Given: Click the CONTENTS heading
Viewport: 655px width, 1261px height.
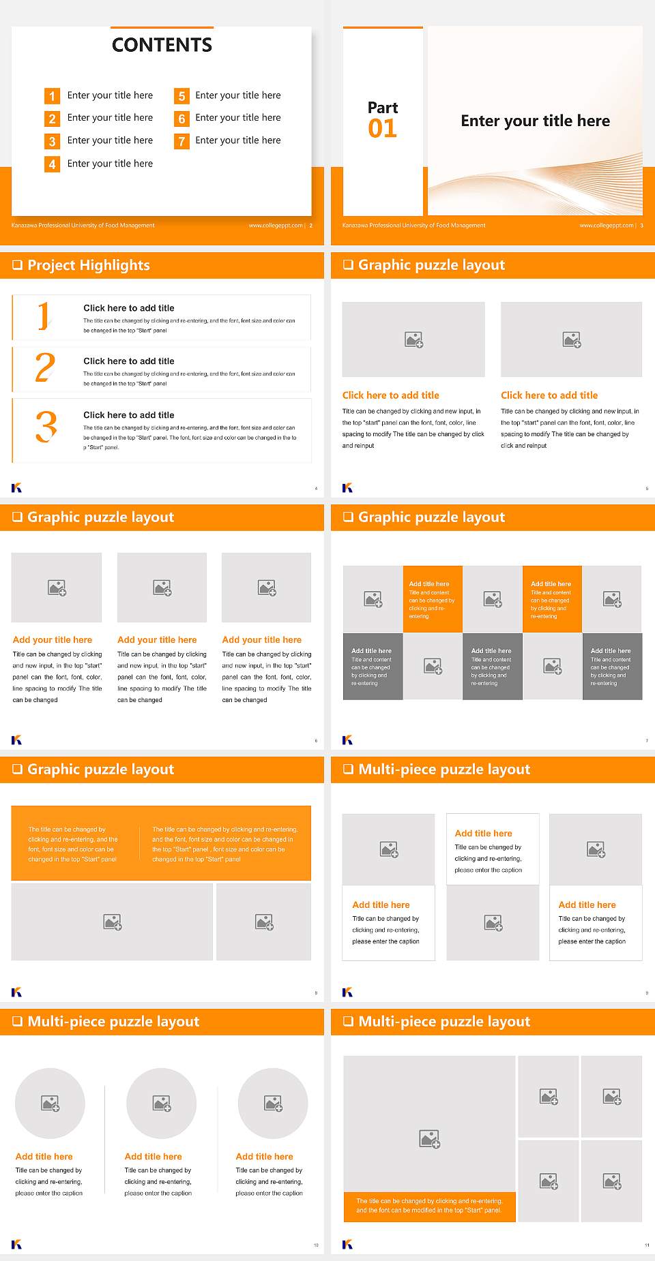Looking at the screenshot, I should pyautogui.click(x=162, y=45).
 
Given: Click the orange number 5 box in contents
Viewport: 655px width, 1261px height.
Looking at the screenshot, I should pyautogui.click(x=181, y=96).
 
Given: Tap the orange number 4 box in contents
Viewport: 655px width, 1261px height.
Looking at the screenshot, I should pyautogui.click(x=52, y=164).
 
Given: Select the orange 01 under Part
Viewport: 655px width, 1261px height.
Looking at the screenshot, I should pyautogui.click(x=382, y=129).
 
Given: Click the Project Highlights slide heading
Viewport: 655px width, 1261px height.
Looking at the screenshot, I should pyautogui.click(x=88, y=265).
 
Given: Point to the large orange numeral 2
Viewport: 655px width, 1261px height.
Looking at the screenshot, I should pyautogui.click(x=45, y=368).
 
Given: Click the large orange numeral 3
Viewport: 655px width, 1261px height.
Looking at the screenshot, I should pyautogui.click(x=46, y=427).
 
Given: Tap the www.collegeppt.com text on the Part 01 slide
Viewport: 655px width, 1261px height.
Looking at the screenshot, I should pyautogui.click(x=606, y=226).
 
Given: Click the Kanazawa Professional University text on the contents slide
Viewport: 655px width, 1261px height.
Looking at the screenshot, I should pyautogui.click(x=83, y=226).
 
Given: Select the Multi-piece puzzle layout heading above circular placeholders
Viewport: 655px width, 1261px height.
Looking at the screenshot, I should pyautogui.click(x=113, y=1022).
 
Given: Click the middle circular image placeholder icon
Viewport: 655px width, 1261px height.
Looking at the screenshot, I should pyautogui.click(x=162, y=1103).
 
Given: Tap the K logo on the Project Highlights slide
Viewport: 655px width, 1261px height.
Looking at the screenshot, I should pyautogui.click(x=16, y=487).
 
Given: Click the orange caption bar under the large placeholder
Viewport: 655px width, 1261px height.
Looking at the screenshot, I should pyautogui.click(x=429, y=1206).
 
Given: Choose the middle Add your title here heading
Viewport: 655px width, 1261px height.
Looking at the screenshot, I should pyautogui.click(x=157, y=640).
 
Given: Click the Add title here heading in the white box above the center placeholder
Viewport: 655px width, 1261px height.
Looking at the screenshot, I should pyautogui.click(x=483, y=833).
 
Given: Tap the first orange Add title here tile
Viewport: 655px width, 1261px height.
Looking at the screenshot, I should pyautogui.click(x=433, y=598).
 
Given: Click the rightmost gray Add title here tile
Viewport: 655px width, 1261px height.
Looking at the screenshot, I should pyautogui.click(x=612, y=666).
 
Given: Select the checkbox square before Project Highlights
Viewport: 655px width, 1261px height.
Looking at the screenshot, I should pyautogui.click(x=18, y=265).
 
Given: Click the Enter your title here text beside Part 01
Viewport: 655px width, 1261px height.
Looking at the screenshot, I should pyautogui.click(x=535, y=121).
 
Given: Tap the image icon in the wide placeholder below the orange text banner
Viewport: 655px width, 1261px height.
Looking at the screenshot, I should pyautogui.click(x=113, y=922).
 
